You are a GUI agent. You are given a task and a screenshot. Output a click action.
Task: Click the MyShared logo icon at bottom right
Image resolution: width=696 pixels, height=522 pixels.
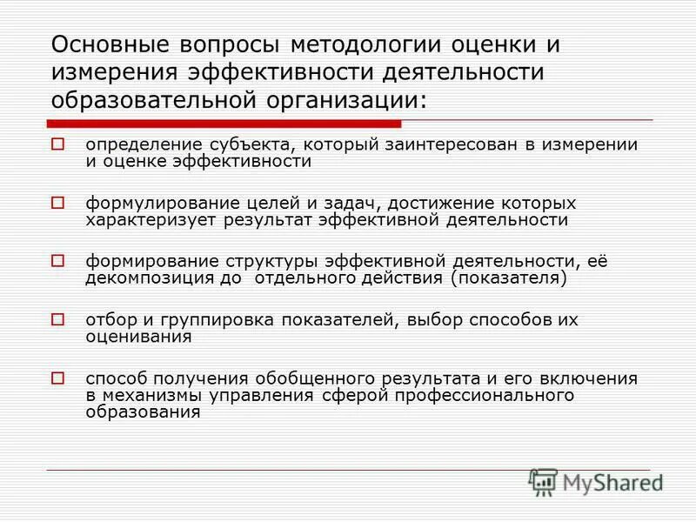pos(543,481)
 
